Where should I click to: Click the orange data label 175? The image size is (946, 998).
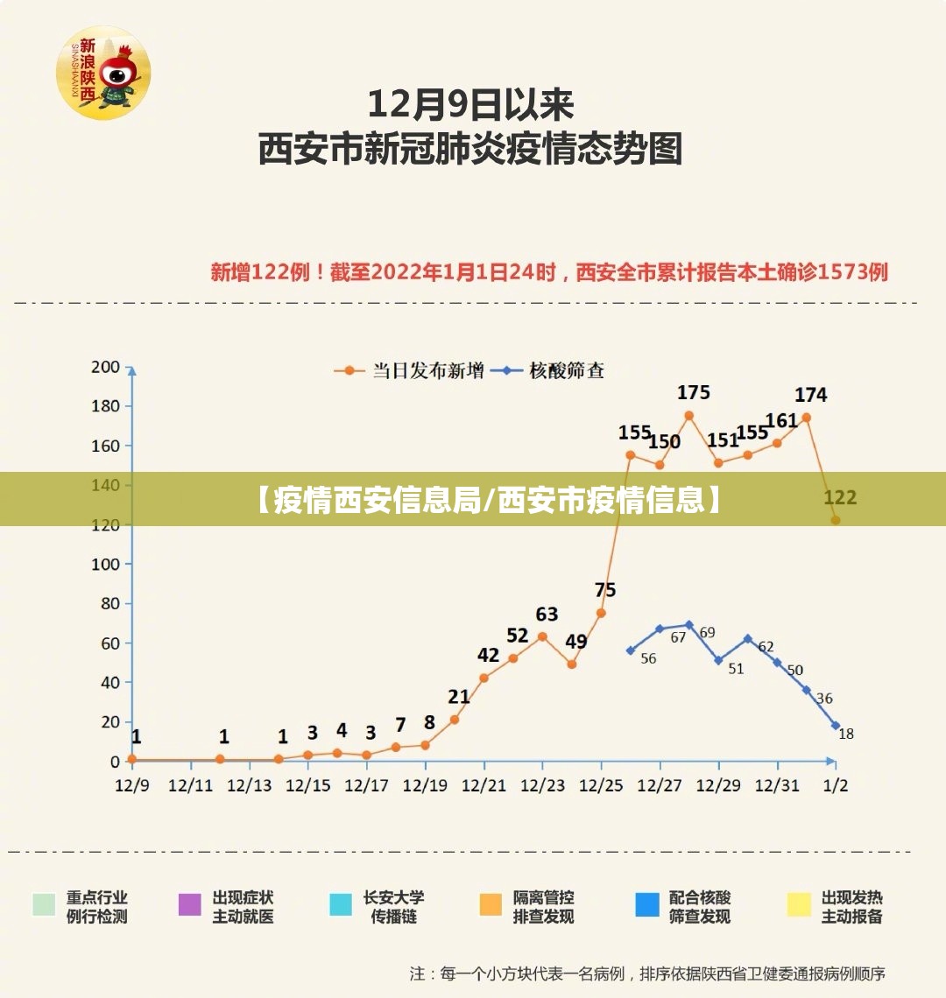[x=694, y=392]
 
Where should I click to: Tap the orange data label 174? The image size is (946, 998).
[x=810, y=395]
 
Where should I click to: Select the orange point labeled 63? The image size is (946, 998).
[x=542, y=636]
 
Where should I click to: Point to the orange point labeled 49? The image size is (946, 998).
[x=572, y=664]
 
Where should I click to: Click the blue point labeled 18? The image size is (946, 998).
[x=836, y=726]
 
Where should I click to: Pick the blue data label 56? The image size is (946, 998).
[x=648, y=658]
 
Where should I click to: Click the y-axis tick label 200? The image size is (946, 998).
[x=105, y=367]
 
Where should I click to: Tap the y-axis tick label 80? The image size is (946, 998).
[x=109, y=603]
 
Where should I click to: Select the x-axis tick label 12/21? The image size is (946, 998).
[x=484, y=785]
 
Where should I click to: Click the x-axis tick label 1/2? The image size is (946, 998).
[x=837, y=785]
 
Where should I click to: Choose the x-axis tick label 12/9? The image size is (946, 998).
[x=132, y=785]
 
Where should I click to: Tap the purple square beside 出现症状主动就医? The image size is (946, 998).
[x=190, y=904]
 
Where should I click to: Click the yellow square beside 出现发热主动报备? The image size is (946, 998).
[x=799, y=904]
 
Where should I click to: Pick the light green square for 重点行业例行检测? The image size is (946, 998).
[x=44, y=904]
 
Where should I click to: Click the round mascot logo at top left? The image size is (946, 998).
[x=103, y=72]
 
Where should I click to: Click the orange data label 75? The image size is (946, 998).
[x=605, y=590]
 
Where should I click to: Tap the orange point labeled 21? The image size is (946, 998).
[x=455, y=720]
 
